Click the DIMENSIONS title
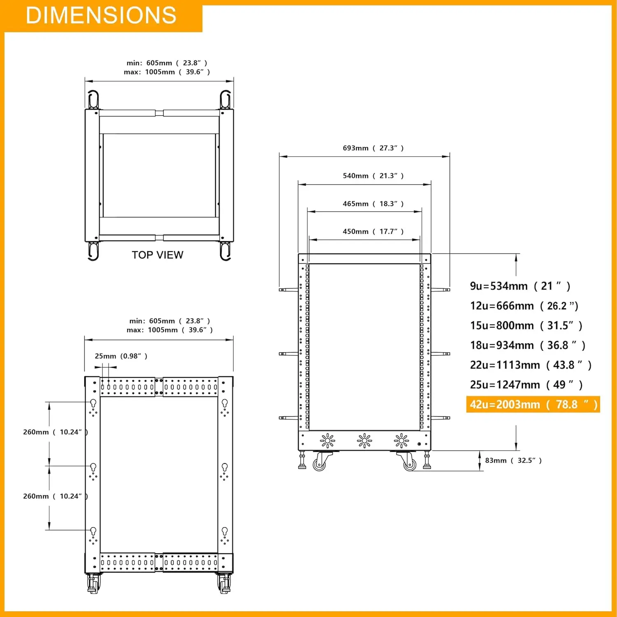101,15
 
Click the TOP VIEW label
158,255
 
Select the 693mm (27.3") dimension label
373,148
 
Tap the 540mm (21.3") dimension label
373,176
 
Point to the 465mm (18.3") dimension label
373,204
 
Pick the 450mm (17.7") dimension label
373,232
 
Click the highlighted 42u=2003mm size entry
533,404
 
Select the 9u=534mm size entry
520,286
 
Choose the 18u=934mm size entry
528,345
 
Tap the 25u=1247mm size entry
527,385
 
